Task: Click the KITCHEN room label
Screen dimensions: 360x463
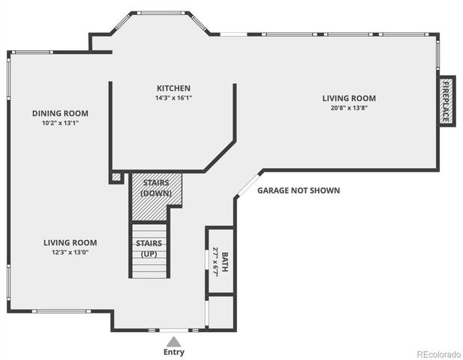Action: (x=173, y=88)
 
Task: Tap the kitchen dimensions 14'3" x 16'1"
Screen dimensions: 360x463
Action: (x=173, y=98)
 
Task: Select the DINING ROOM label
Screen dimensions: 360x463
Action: (x=59, y=113)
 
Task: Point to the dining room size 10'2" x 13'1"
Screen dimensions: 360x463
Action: (x=59, y=123)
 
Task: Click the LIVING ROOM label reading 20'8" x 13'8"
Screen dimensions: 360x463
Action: (x=349, y=98)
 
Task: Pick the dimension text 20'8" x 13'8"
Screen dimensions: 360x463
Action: (x=349, y=108)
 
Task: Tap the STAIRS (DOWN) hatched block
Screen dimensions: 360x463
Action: (x=156, y=188)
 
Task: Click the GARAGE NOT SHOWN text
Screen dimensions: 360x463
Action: (x=299, y=190)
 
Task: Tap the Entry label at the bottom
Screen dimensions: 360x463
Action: (x=173, y=352)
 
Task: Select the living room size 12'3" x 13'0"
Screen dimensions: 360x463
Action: (x=70, y=252)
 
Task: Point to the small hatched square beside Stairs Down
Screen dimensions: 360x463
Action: (x=115, y=178)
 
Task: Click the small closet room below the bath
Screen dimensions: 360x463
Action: (x=221, y=311)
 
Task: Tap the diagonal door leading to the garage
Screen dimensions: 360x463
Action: (x=248, y=184)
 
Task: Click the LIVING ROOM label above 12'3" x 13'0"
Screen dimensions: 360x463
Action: (x=70, y=242)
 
